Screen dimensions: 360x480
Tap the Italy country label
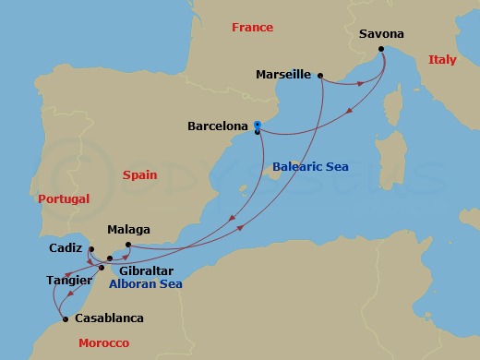pyautogui.click(x=442, y=60)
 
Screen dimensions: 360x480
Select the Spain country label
pyautogui.click(x=141, y=173)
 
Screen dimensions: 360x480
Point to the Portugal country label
pyautogui.click(x=64, y=198)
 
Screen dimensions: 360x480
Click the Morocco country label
pyautogui.click(x=104, y=342)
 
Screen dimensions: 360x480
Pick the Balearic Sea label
pyautogui.click(x=310, y=167)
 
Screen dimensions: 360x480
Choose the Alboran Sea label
pyautogui.click(x=145, y=284)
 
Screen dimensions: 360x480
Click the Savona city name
pyautogui.click(x=380, y=34)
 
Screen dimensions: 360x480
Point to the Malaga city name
pyautogui.click(x=128, y=230)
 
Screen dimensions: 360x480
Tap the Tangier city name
pyautogui.click(x=68, y=279)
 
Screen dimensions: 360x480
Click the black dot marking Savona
pyautogui.click(x=380, y=49)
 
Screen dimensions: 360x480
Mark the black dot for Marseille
pyautogui.click(x=319, y=76)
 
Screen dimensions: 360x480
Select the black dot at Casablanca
pyautogui.click(x=65, y=319)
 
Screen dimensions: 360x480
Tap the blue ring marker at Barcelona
pyautogui.click(x=258, y=126)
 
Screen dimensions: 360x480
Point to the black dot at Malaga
pyautogui.click(x=128, y=245)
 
